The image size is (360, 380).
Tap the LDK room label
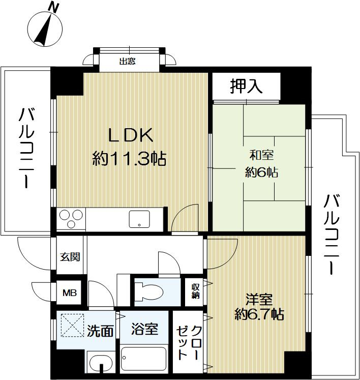pos(129,136)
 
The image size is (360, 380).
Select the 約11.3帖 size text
pos(129,159)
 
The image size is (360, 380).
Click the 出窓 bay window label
pos(128,63)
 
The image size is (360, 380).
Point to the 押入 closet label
pos(246,87)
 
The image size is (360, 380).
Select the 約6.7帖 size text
pos(259,315)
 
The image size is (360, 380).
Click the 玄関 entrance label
pos(71,257)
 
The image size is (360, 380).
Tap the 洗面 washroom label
pos(100,331)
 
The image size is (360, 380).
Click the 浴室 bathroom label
pos(144,329)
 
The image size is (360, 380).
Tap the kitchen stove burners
pos(71,220)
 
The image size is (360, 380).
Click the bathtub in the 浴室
pos(144,361)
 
